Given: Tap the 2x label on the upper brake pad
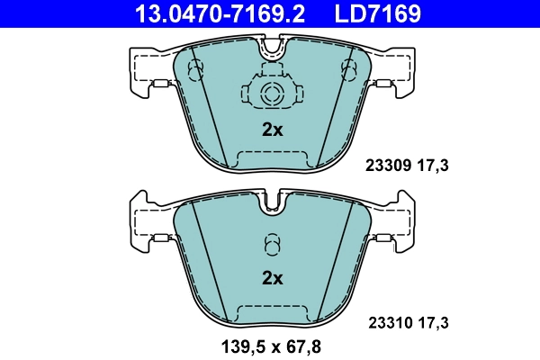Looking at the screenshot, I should coord(272,130).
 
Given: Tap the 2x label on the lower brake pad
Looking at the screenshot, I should coord(272,279).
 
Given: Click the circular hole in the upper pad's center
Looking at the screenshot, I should coord(272,93).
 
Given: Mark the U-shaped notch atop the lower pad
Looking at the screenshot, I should coord(272,205).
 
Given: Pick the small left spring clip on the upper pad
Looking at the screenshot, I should coord(163,85).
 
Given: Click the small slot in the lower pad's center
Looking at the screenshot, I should coord(272,244).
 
